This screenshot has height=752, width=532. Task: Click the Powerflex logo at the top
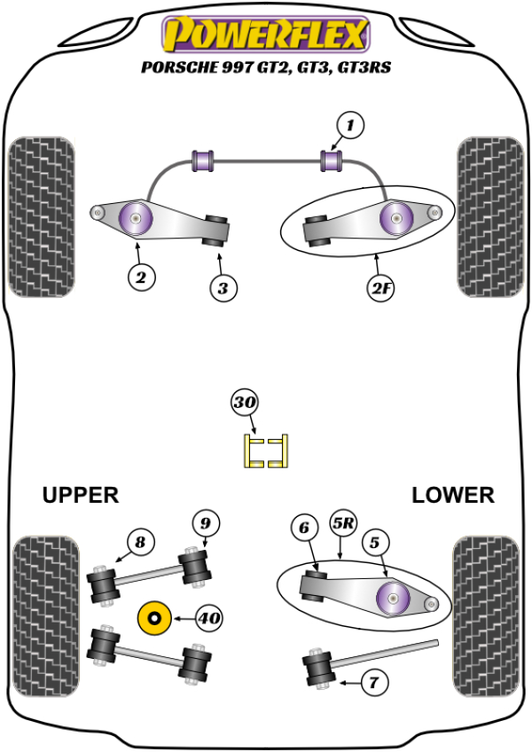264,34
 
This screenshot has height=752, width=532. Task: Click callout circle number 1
350,127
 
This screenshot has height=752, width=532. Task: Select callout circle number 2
139,278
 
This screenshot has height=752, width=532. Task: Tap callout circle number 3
223,287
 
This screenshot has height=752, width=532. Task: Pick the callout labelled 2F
380,287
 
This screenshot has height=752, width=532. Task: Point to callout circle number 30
245,403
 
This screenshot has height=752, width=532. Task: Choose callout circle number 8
139,541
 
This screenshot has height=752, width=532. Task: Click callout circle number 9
204,522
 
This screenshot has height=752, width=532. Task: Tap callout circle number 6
304,528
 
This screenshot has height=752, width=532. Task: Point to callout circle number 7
373,683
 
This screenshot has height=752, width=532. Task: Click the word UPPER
80,495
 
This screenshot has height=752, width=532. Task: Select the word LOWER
452,495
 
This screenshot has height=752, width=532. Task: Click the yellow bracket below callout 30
266,450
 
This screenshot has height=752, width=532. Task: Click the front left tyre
40,216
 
